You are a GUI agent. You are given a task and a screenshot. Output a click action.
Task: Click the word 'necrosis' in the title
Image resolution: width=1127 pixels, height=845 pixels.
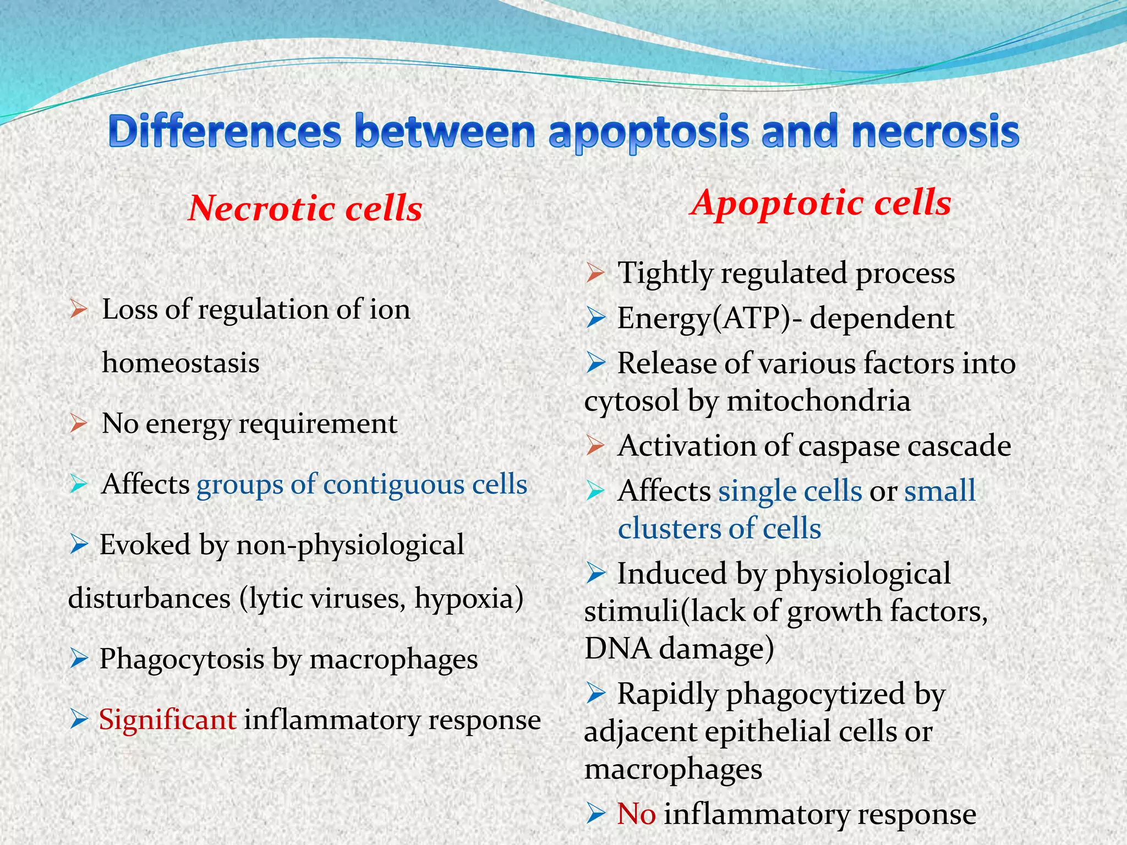coord(935,132)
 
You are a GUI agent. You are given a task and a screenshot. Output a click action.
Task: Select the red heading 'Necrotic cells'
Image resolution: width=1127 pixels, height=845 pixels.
coord(305,209)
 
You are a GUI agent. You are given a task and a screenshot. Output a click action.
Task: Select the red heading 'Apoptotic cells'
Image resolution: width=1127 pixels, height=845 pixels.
coord(821,203)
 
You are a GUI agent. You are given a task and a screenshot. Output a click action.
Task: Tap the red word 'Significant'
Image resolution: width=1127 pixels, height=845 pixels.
coord(167,720)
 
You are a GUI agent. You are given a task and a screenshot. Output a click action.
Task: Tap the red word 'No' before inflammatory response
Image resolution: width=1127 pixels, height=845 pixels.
coord(636,814)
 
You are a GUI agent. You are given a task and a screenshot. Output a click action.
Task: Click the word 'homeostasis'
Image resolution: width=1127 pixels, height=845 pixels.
coord(180,363)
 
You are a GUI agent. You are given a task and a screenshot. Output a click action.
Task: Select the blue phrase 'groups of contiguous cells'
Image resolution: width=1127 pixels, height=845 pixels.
coord(362,485)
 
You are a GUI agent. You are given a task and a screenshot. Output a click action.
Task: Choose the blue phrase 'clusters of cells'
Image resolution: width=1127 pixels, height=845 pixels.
coord(719,528)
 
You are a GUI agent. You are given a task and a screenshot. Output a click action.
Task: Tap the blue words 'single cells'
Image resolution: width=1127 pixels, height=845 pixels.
coord(790,491)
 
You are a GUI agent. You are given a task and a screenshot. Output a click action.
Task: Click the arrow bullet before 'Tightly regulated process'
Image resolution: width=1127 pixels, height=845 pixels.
coord(595,273)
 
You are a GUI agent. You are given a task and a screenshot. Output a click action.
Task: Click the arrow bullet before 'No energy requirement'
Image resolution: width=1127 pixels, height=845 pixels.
coord(79,424)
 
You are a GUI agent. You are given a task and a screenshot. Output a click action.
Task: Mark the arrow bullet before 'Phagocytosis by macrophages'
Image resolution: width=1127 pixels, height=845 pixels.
coord(79,659)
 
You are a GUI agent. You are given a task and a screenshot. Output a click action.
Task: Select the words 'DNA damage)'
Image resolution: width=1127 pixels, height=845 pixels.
coord(679,649)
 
